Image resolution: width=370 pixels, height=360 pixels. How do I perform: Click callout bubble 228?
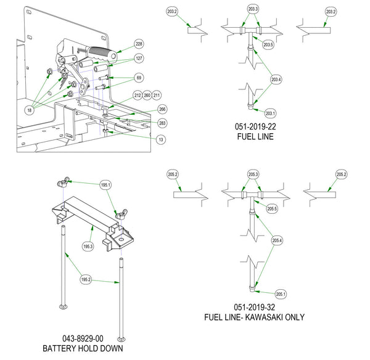coord(139,44)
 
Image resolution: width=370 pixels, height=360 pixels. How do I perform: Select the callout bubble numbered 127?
coord(139,59)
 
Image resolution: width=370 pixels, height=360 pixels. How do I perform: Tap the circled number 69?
coord(139,78)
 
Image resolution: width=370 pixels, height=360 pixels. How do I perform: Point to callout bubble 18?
coord(30,110)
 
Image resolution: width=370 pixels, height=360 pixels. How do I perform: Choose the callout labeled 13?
coord(161,140)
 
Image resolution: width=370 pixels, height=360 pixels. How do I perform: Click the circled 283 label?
coord(162,123)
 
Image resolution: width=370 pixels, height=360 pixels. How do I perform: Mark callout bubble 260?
coord(147,96)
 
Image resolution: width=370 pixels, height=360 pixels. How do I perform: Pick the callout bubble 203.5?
coord(268,44)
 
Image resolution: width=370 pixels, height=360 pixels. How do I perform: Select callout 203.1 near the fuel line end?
coord(271,113)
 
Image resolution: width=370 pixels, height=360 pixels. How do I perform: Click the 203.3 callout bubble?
coord(253,9)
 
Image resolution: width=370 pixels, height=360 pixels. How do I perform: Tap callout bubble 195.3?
coord(88,247)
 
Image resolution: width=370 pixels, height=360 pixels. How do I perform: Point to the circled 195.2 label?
coord(86,279)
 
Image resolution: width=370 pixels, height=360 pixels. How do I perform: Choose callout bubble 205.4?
coord(277,240)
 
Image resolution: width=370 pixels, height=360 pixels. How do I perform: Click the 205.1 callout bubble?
coord(281,294)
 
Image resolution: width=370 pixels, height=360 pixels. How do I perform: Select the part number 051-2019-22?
coord(255,127)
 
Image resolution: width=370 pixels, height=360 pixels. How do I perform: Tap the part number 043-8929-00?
coord(83,338)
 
